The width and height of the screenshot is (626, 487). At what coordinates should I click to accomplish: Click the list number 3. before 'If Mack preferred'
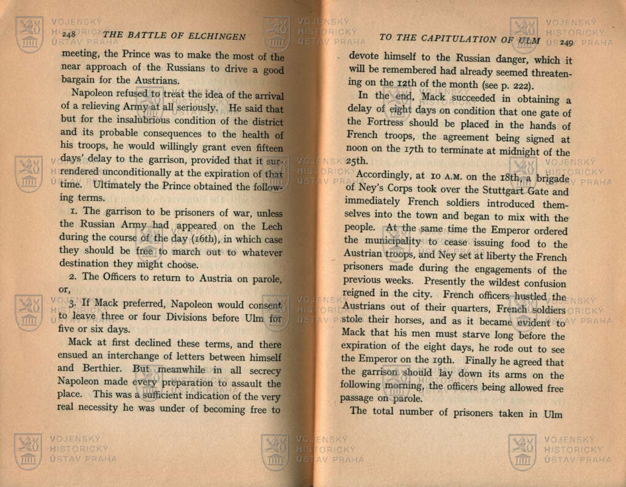pyautogui.click(x=73, y=304)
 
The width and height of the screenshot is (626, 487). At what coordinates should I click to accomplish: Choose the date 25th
pyautogui.click(x=358, y=162)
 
